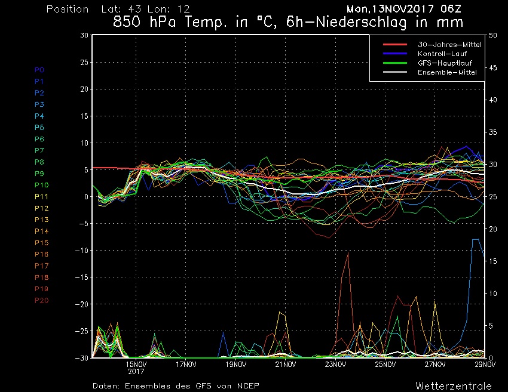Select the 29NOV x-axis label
(x=485, y=364)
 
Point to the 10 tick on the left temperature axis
(x=85, y=143)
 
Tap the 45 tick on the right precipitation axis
(x=493, y=68)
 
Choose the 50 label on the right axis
(x=493, y=36)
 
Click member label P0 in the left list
(x=39, y=70)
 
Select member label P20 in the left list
(x=41, y=300)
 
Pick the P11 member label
(x=41, y=196)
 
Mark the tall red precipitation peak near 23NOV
(x=348, y=253)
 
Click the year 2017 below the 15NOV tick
(x=136, y=371)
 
